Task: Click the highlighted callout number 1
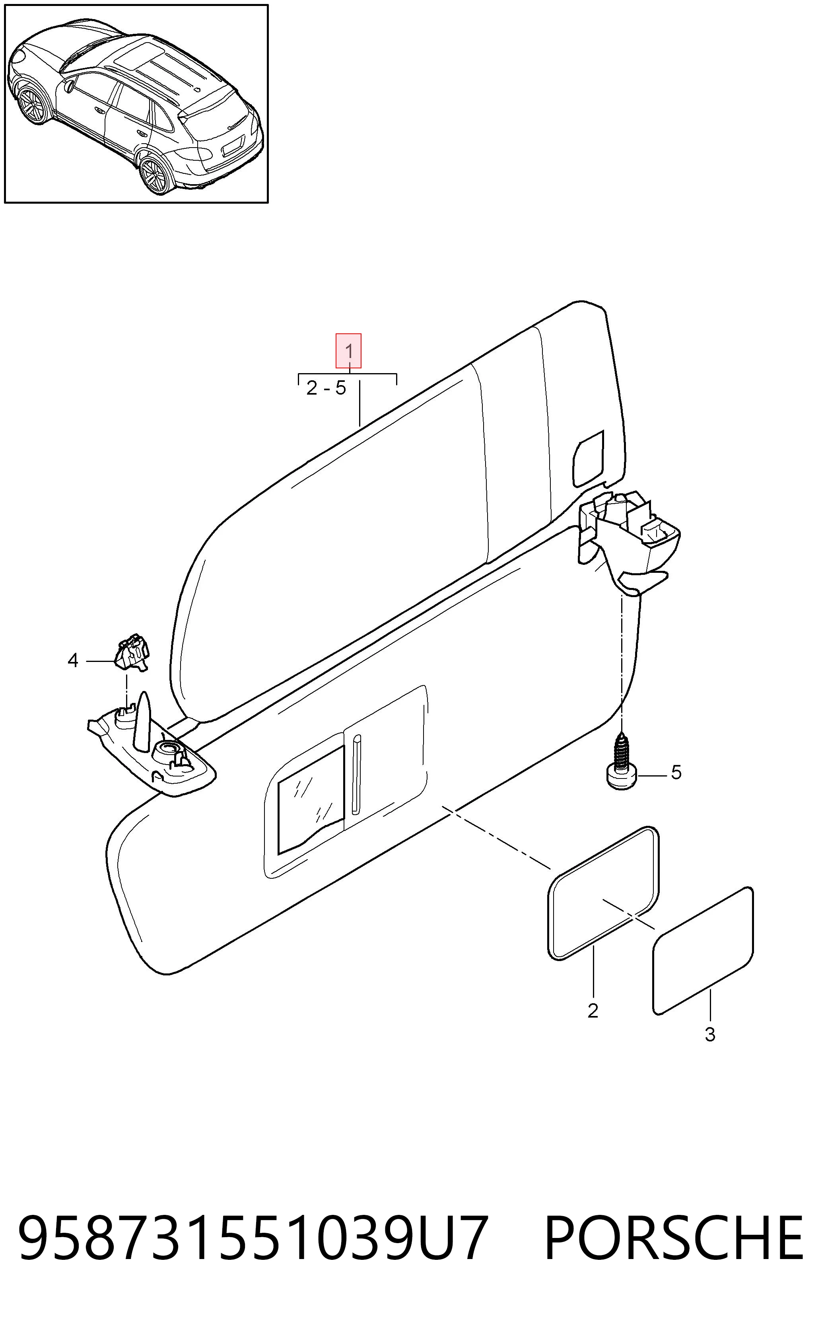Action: click(348, 351)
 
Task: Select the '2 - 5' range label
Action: click(326, 388)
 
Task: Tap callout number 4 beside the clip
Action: click(73, 661)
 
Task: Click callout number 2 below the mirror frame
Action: click(593, 1011)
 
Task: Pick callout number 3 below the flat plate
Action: click(710, 1035)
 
